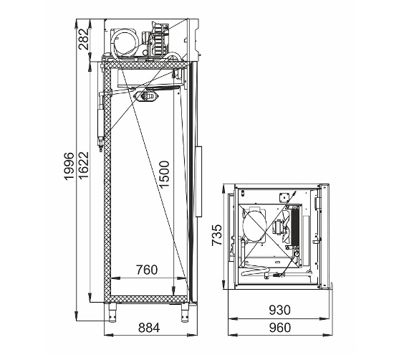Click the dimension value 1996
[69, 166]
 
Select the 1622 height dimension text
[84, 165]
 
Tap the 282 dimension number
[84, 39]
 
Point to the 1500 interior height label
[165, 174]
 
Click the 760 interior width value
[147, 270]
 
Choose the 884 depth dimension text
[149, 328]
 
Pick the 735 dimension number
[217, 235]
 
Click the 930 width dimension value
[279, 310]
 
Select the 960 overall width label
[279, 328]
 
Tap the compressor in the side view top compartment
[125, 42]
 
